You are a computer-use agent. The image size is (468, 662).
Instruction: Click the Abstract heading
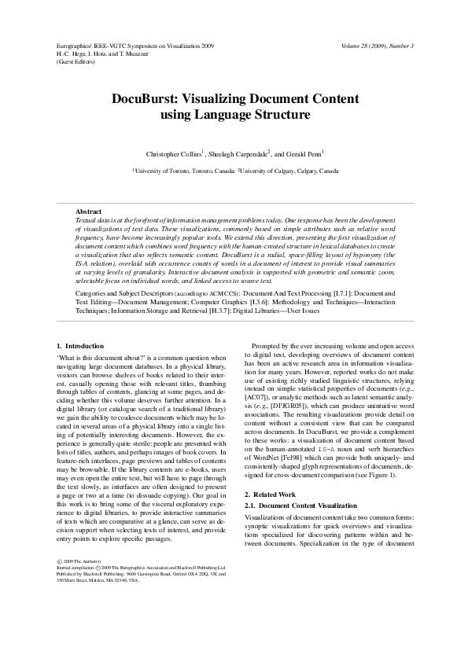click(x=88, y=211)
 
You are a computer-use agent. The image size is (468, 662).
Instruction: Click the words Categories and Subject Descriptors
click(x=119, y=292)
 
